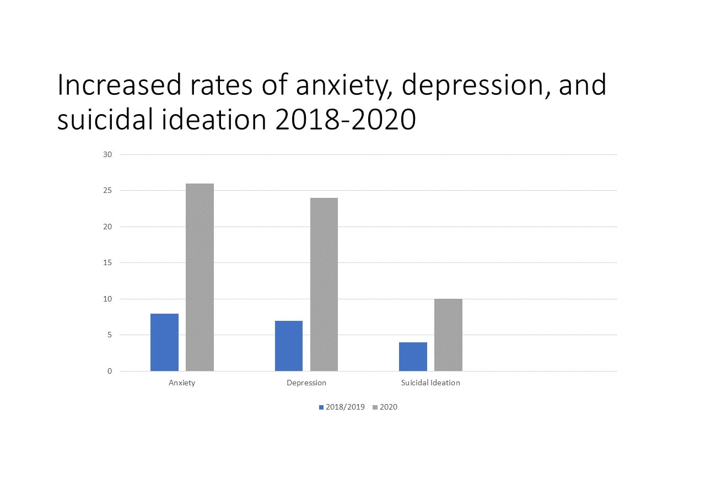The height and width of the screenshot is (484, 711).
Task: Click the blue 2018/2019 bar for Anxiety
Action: point(164,342)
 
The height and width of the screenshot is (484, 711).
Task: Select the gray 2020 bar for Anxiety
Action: point(200,277)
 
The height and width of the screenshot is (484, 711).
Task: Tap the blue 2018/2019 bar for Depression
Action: point(289,346)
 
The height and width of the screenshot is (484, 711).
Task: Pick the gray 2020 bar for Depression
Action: point(324,284)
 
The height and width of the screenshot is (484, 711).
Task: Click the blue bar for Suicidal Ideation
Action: point(413,357)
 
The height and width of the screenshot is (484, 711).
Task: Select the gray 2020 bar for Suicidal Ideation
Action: point(448,335)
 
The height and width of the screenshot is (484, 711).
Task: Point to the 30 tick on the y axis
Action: point(107,154)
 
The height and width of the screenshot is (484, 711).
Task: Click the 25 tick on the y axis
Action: point(107,191)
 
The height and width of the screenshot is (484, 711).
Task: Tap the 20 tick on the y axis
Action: point(107,227)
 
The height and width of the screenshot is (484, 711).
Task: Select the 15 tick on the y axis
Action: point(107,263)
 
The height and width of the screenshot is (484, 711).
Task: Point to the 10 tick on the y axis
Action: point(107,299)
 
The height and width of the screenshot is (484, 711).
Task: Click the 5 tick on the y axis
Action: point(109,335)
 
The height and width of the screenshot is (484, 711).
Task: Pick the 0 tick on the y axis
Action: point(109,371)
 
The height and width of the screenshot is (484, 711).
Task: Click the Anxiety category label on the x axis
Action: point(182,383)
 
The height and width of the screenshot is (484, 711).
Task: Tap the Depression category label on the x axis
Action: point(306,383)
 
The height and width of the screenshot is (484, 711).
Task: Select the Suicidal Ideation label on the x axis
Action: point(430,383)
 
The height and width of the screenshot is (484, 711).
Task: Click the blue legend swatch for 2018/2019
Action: point(321,407)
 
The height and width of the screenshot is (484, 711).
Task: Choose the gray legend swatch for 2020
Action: point(375,407)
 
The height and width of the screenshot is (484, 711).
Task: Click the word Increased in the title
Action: point(119,85)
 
